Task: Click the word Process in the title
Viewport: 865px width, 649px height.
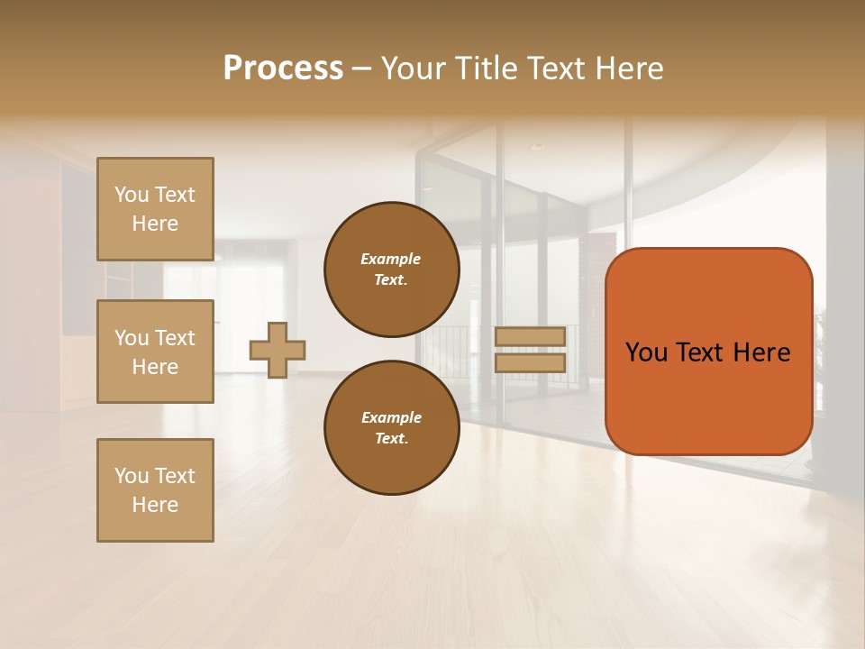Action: [x=283, y=69]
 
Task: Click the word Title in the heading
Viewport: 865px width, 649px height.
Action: [x=483, y=69]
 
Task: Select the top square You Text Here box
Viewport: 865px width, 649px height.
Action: [x=155, y=209]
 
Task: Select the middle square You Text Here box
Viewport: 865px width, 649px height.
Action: [x=155, y=352]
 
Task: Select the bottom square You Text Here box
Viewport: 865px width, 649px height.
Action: [x=155, y=490]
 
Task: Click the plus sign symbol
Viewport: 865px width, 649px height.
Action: [x=278, y=350]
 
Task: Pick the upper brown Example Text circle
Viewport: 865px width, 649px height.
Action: [x=391, y=270]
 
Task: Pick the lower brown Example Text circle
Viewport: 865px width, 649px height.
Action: [x=391, y=428]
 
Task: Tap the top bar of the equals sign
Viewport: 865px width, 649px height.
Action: [x=530, y=336]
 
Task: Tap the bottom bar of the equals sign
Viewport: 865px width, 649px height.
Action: [x=530, y=362]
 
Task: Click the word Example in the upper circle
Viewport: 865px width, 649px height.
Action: [x=391, y=259]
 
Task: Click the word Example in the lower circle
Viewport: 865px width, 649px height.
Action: [x=391, y=417]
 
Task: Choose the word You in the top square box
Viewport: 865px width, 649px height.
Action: [x=132, y=195]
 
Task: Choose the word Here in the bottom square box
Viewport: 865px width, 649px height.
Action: [x=155, y=505]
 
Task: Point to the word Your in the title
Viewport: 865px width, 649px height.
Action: [x=414, y=69]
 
